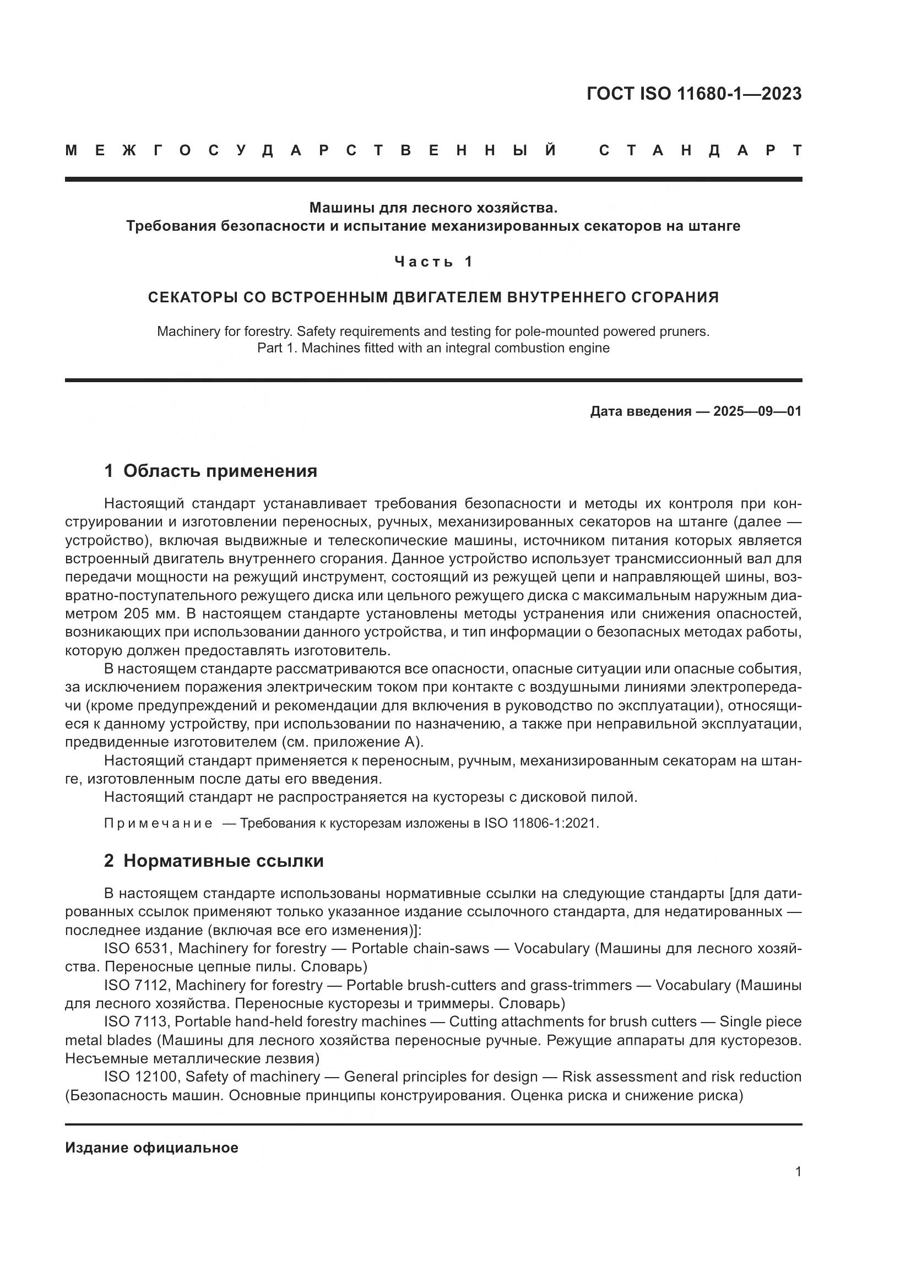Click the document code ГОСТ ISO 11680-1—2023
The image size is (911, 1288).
click(x=694, y=94)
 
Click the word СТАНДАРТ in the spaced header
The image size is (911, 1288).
click(x=700, y=151)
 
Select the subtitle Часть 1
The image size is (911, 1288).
click(x=433, y=262)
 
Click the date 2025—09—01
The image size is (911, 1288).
click(x=757, y=412)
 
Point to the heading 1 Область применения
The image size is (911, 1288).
click(x=210, y=471)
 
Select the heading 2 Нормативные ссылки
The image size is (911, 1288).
click(x=214, y=861)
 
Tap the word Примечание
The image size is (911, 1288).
click(x=158, y=823)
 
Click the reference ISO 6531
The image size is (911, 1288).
click(x=136, y=949)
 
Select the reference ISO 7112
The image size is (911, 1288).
click(x=135, y=985)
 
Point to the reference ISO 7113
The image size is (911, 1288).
click(x=135, y=1021)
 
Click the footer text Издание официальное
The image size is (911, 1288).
click(x=151, y=1148)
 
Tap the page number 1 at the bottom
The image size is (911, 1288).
click(x=798, y=1172)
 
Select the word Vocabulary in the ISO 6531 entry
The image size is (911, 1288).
click(x=552, y=949)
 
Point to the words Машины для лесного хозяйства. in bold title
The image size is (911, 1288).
click(x=433, y=208)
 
